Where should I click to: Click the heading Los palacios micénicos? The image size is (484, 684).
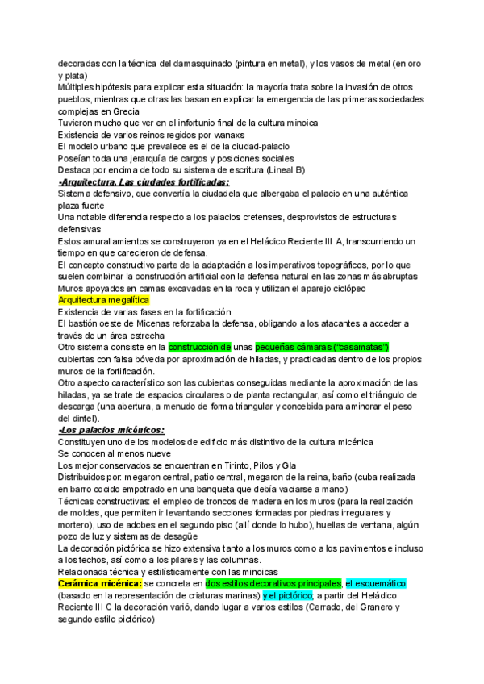[111, 430]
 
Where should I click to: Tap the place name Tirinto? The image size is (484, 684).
[247, 465]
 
